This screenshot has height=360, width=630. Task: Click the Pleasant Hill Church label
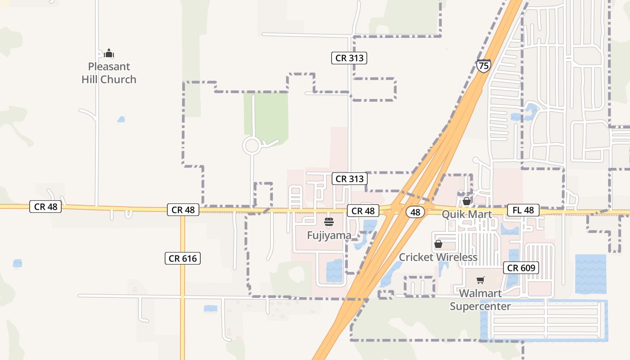tap(109, 73)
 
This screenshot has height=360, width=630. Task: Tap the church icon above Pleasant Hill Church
tap(109, 54)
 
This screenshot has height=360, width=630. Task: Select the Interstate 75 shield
tap(483, 66)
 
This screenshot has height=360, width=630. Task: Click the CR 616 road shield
tap(182, 258)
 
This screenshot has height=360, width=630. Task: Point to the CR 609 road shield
tap(521, 268)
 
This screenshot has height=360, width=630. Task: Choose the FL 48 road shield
tap(523, 210)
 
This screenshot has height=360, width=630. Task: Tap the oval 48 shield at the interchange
tap(415, 212)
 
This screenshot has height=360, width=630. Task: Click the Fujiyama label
tap(329, 235)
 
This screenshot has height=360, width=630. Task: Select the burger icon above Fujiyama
tap(329, 221)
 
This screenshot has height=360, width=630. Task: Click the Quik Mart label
tap(467, 214)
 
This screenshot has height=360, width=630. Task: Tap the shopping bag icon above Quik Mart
tap(467, 201)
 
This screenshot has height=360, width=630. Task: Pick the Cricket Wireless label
tap(438, 257)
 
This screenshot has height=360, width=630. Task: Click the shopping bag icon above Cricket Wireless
tap(438, 244)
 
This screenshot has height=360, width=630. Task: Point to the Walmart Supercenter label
tap(481, 300)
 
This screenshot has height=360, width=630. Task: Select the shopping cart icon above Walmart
tap(481, 280)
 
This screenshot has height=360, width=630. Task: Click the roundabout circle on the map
tap(252, 146)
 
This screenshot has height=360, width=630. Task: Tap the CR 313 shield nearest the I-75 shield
tap(349, 58)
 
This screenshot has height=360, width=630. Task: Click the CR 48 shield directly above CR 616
tap(183, 210)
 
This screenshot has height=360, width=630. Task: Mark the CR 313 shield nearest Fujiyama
tap(349, 179)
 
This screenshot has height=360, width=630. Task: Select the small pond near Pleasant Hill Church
tap(121, 120)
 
